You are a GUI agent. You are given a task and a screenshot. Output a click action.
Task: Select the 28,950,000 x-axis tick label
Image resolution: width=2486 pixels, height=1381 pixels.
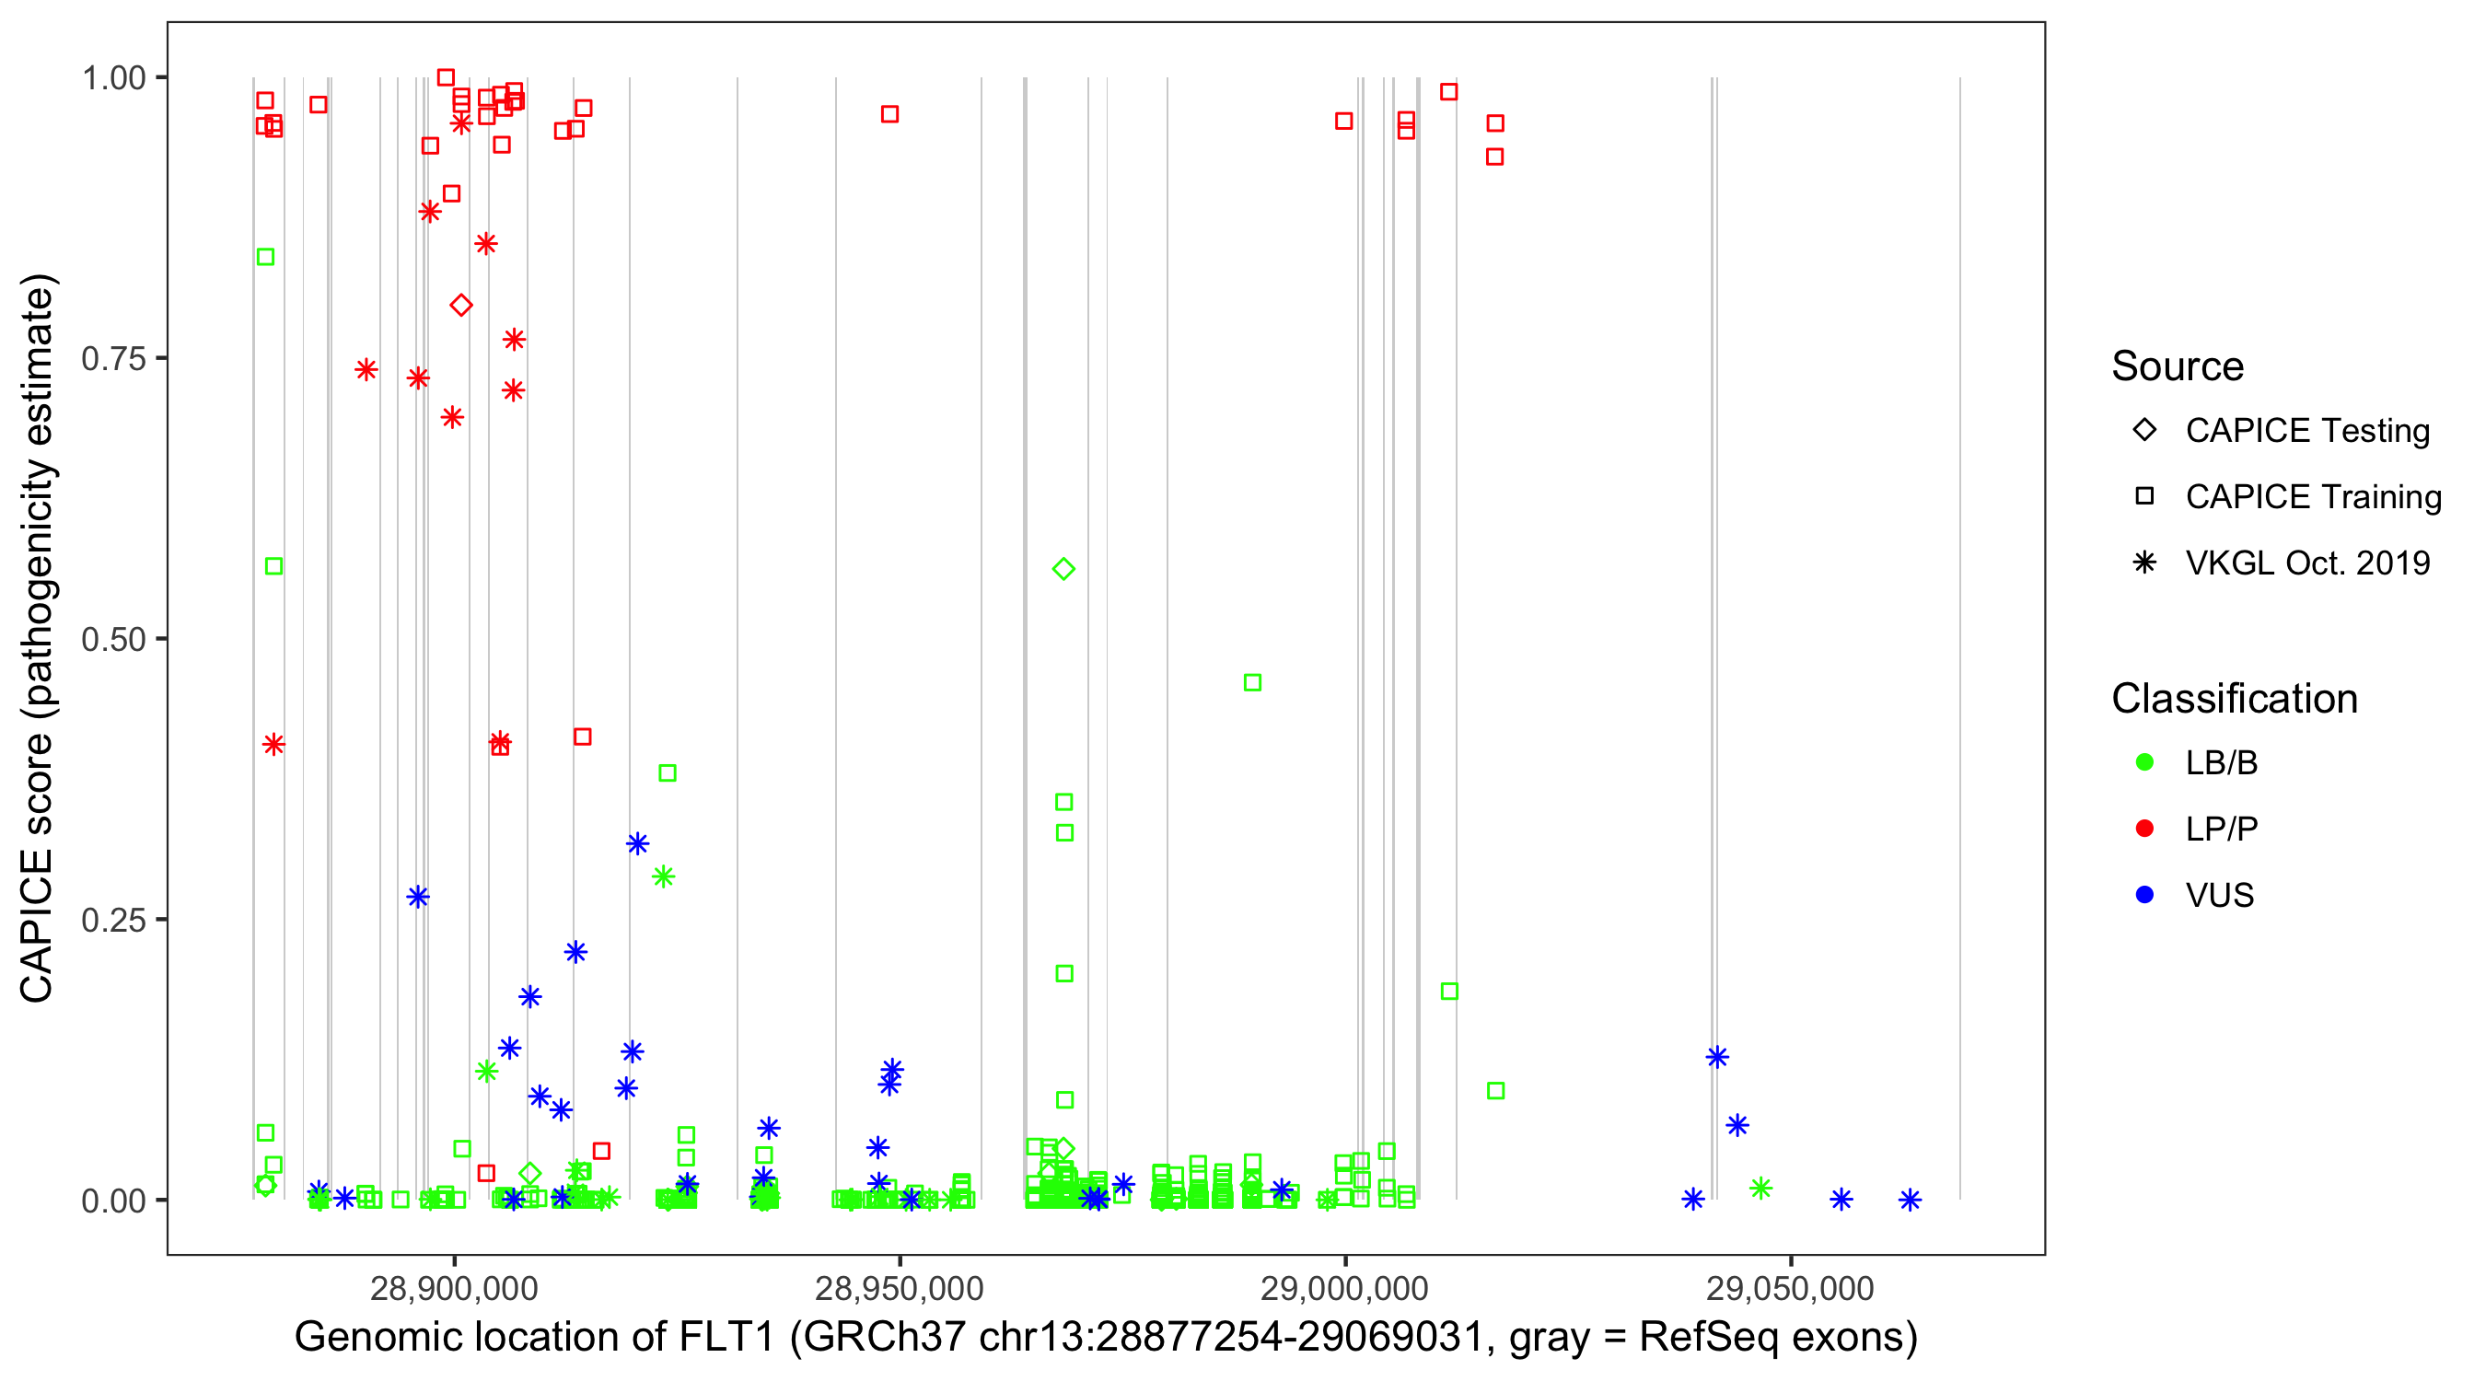[x=899, y=1287]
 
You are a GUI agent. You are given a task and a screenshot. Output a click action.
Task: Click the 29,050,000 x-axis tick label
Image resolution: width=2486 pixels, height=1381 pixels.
[x=1790, y=1287]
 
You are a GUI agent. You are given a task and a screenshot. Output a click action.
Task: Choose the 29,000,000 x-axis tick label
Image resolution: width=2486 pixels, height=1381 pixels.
[x=1344, y=1287]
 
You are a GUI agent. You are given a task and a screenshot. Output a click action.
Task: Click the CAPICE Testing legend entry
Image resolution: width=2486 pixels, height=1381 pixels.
[x=2306, y=431]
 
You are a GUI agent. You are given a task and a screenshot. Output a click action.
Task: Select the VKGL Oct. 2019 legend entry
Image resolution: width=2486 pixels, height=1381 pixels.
[x=2306, y=563]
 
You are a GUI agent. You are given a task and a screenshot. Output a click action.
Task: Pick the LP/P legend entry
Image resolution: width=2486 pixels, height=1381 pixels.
[x=2221, y=829]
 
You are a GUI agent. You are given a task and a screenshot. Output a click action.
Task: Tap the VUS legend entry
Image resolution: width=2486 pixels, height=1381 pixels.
[x=2219, y=896]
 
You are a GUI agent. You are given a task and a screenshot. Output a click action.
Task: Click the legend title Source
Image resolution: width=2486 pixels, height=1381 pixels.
[x=2178, y=366]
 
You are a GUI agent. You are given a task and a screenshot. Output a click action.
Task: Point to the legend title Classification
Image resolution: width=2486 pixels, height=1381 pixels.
[x=2234, y=699]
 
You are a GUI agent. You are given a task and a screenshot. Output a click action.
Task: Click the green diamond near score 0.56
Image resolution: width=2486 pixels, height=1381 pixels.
[x=1063, y=569]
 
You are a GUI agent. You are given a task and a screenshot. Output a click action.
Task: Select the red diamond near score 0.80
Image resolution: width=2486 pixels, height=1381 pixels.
[x=461, y=306]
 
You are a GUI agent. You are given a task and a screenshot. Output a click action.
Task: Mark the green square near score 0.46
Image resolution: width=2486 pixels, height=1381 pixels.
[x=1252, y=682]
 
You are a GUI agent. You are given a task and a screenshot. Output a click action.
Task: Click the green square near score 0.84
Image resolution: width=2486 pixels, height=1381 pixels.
[x=265, y=257]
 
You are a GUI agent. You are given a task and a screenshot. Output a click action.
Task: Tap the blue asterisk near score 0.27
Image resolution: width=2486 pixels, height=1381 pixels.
[x=418, y=897]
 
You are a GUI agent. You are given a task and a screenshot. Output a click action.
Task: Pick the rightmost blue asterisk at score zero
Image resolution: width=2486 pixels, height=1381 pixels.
[x=1910, y=1200]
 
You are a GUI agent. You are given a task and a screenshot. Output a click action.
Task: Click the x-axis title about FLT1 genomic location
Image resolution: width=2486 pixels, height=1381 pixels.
[x=1105, y=1338]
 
